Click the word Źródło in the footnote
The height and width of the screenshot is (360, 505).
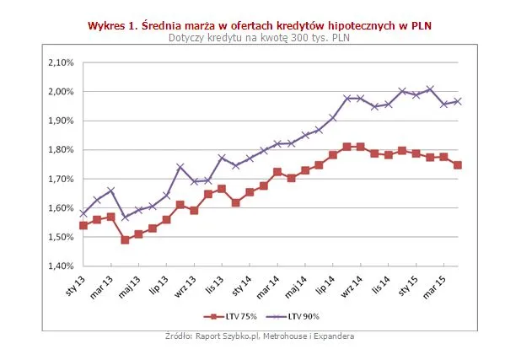pos(180,336)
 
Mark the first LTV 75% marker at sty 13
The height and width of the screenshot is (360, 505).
pos(83,225)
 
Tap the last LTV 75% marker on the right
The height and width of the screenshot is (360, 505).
pos(458,165)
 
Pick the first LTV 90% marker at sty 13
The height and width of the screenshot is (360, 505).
pos(83,213)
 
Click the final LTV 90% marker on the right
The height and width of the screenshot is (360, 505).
pos(458,101)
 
